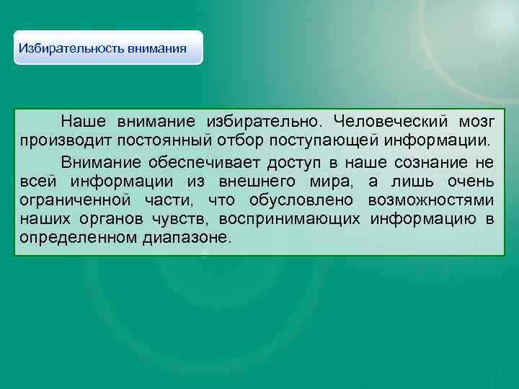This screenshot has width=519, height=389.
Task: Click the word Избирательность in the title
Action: coord(72,49)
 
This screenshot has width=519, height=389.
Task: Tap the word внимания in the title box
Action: coord(157,49)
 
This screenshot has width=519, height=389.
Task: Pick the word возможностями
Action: coord(430,200)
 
